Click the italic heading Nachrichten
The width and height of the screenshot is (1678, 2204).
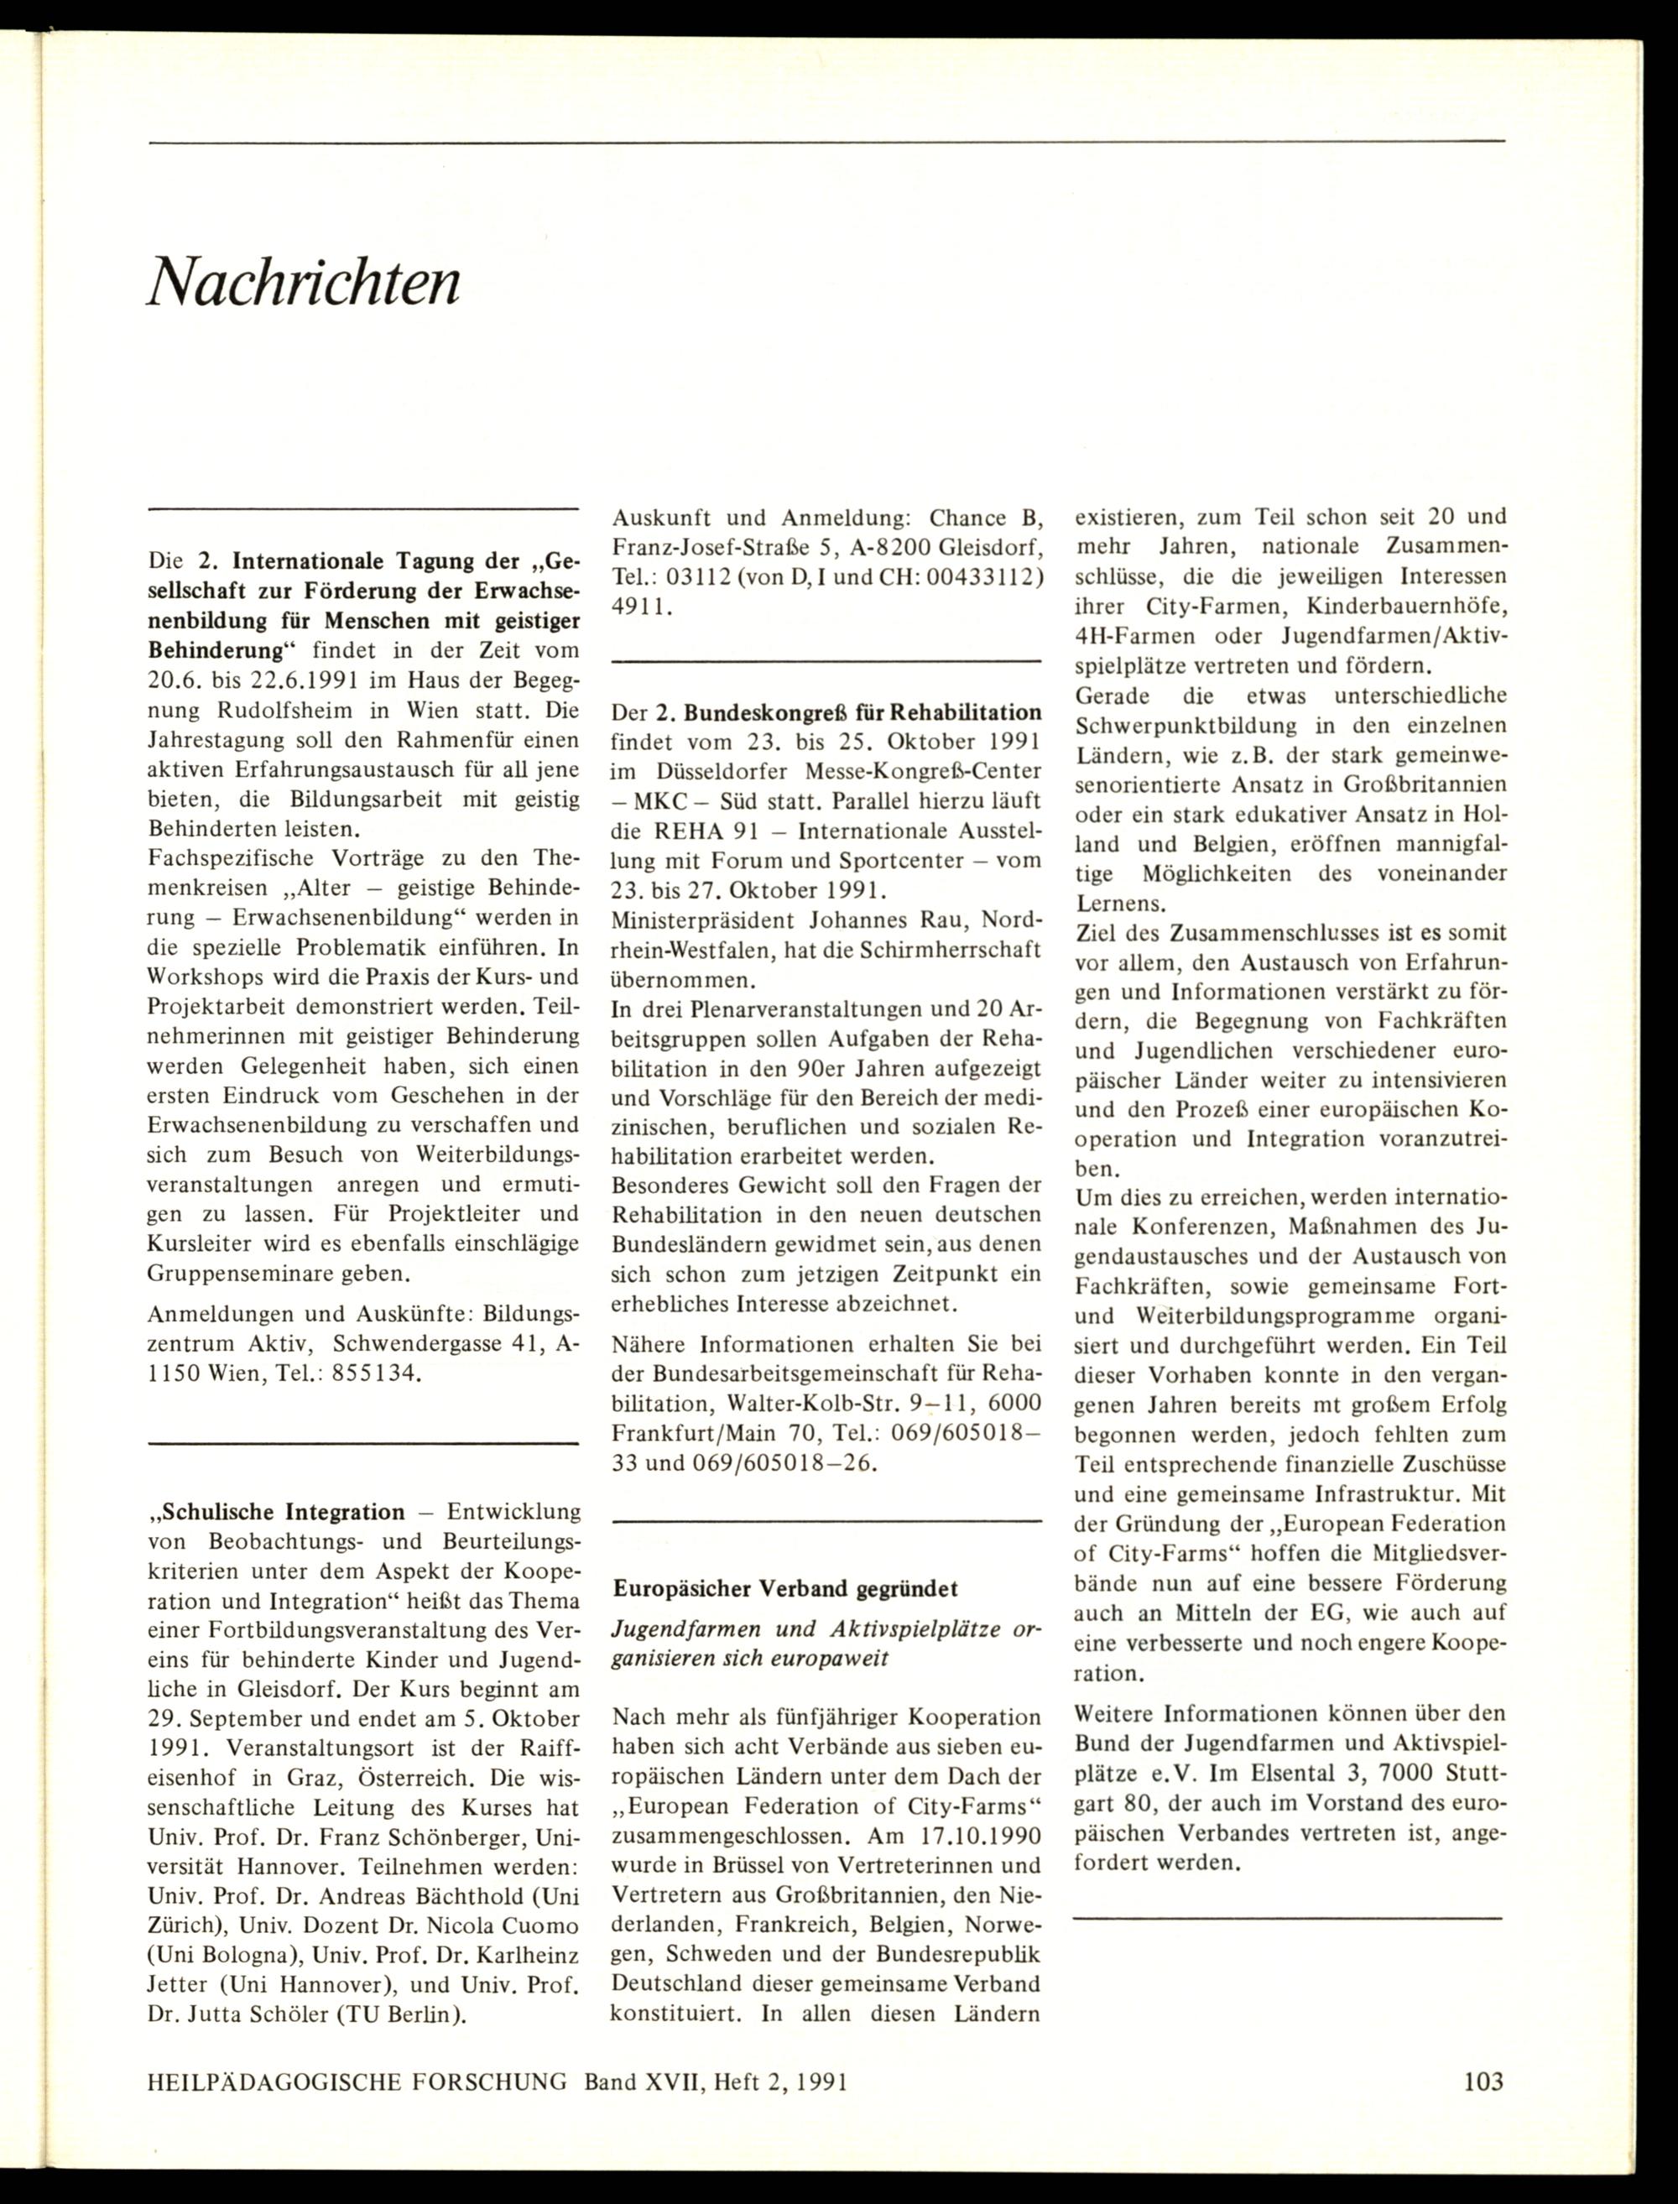click(304, 283)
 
